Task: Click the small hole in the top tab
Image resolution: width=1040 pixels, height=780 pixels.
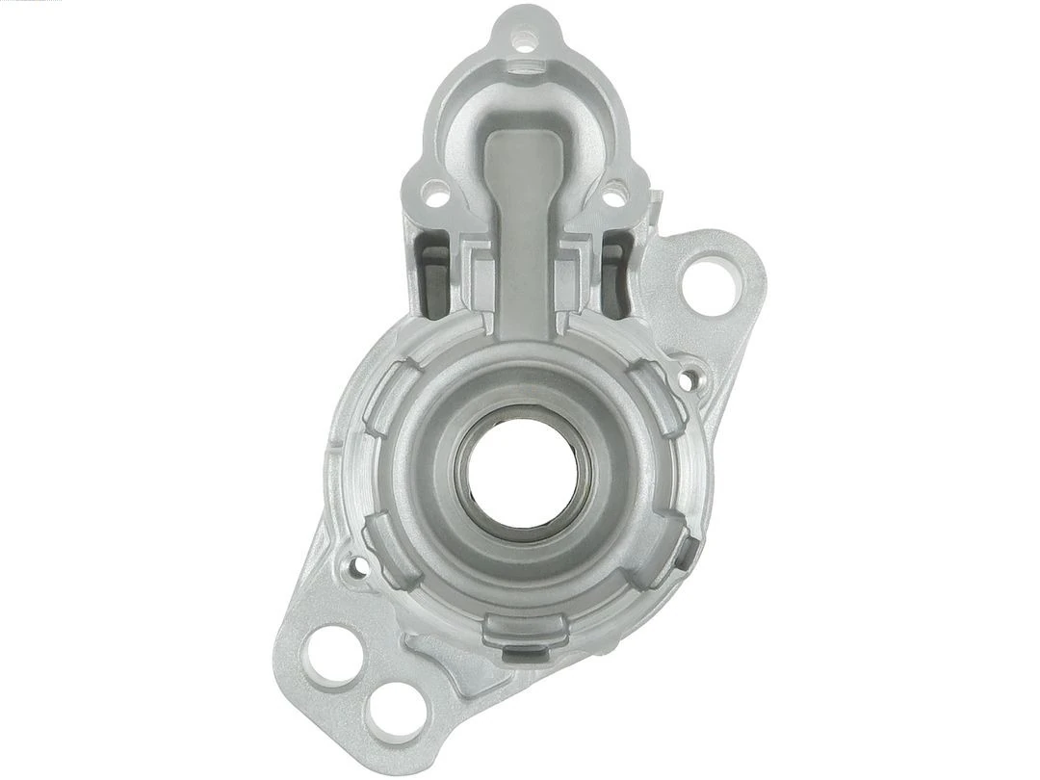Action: [x=526, y=40]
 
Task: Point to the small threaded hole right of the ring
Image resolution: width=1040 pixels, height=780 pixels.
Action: [x=687, y=381]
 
